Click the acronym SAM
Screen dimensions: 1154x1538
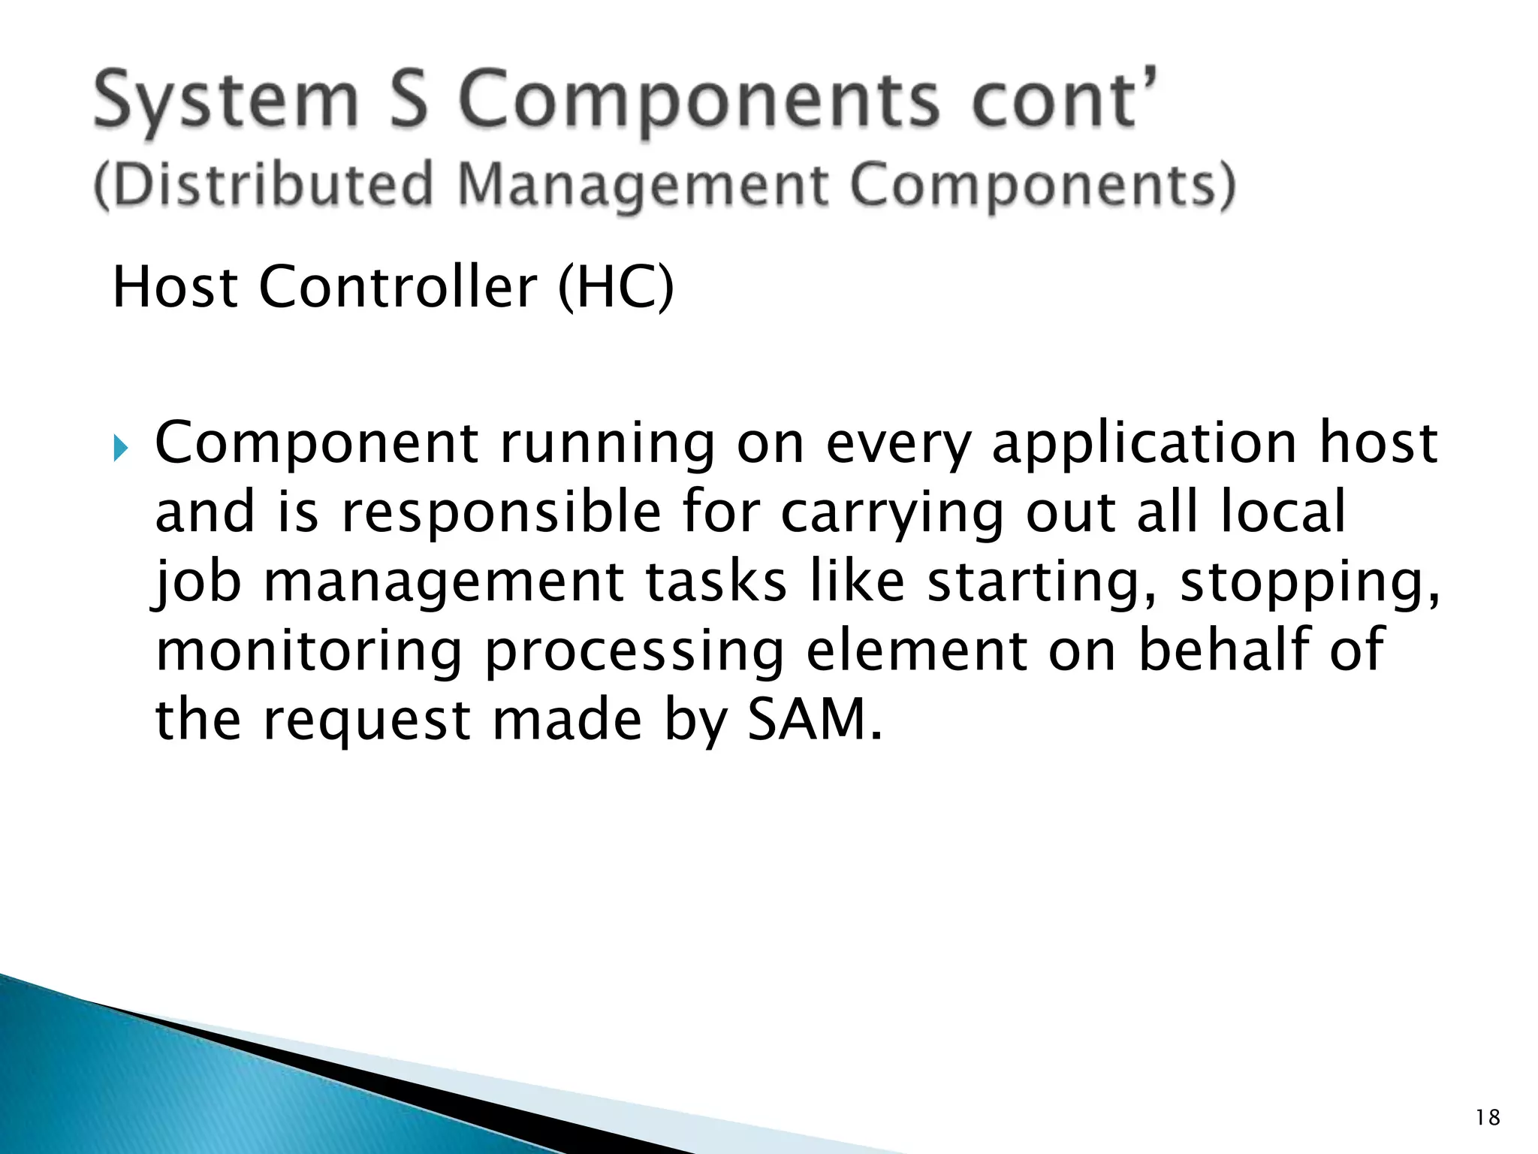pyautogui.click(x=813, y=720)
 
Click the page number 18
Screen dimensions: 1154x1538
pyautogui.click(x=1488, y=1118)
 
